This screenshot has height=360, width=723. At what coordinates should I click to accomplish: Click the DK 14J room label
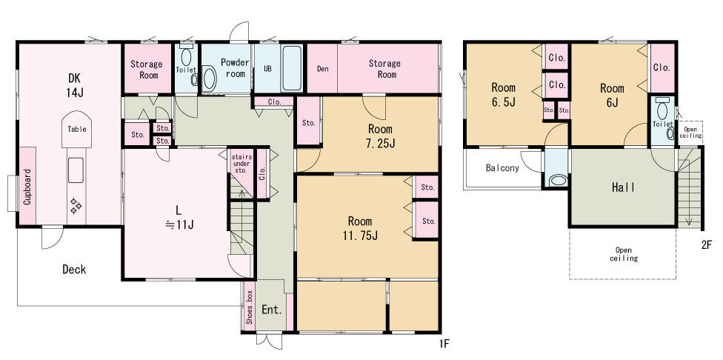(75, 84)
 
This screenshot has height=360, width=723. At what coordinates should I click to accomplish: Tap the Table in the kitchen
(77, 129)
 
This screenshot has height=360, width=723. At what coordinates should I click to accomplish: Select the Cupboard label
(27, 187)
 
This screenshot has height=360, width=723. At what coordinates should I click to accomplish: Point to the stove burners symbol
(76, 206)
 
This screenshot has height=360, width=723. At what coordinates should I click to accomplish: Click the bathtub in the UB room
(292, 68)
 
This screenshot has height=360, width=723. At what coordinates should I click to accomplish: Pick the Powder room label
(235, 68)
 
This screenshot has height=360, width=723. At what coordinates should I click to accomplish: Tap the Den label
(322, 69)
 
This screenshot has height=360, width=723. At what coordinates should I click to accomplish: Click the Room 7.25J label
(381, 136)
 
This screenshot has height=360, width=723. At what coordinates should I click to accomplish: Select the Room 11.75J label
(360, 228)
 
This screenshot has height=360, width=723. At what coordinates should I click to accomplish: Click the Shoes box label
(249, 307)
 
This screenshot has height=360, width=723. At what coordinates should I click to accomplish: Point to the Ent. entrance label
(272, 310)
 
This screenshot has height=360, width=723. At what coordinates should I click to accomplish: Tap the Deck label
(74, 269)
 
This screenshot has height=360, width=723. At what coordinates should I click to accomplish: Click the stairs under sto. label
(241, 163)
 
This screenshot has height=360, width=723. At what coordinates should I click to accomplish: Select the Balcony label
(502, 168)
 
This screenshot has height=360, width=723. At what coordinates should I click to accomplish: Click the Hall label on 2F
(623, 187)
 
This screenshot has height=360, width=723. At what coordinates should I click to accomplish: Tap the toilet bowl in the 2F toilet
(662, 111)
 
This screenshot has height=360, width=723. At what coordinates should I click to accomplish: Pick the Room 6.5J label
(503, 94)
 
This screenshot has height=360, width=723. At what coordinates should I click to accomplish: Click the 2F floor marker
(707, 244)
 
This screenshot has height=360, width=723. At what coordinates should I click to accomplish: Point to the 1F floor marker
(444, 344)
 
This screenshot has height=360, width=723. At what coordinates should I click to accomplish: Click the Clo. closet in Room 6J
(662, 67)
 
